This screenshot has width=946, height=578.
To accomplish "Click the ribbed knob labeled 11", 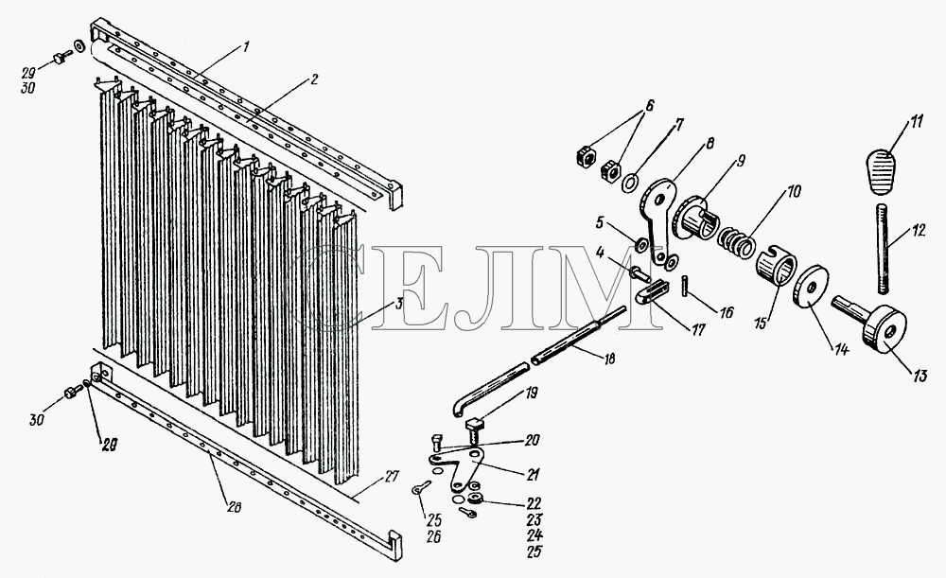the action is click(x=885, y=173).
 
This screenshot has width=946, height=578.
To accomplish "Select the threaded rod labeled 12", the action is click(x=883, y=249).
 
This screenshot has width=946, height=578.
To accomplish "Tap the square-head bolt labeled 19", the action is click(x=476, y=430).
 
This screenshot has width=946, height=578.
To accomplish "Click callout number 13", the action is click(x=919, y=377).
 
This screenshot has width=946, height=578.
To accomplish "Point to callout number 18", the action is click(x=608, y=359).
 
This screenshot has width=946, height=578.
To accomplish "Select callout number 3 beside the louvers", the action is click(x=399, y=304).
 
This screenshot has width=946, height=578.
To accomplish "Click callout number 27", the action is click(x=393, y=477).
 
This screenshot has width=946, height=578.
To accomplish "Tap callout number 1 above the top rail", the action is click(x=246, y=48).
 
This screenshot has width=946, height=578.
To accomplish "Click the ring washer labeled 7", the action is click(x=629, y=182).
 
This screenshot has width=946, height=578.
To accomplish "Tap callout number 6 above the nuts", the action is click(x=649, y=104).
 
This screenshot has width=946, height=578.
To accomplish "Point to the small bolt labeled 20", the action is click(x=437, y=444).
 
